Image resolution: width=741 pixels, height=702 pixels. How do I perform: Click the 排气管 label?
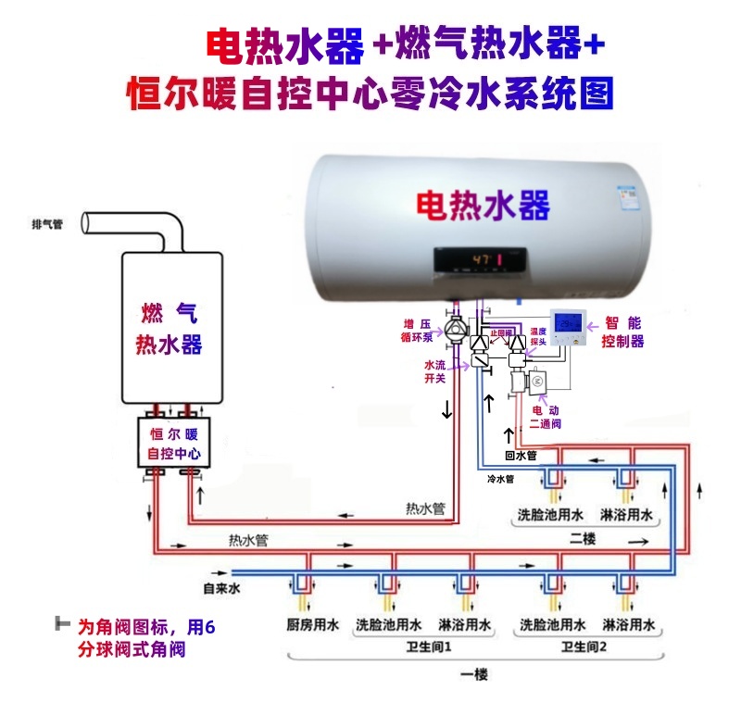tap(47, 224)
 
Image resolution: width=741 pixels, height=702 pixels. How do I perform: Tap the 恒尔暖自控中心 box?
tap(174, 444)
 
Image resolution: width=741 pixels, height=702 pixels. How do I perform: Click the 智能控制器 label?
tap(622, 332)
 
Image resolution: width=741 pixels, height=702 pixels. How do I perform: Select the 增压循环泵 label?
tap(417, 331)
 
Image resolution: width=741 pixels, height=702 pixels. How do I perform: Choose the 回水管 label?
tap(520, 456)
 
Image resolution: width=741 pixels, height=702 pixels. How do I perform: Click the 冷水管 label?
tap(500, 480)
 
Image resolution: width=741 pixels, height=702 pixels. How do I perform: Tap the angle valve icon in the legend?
tap(63, 624)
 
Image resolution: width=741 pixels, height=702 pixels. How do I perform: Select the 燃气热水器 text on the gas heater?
tap(169, 328)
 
